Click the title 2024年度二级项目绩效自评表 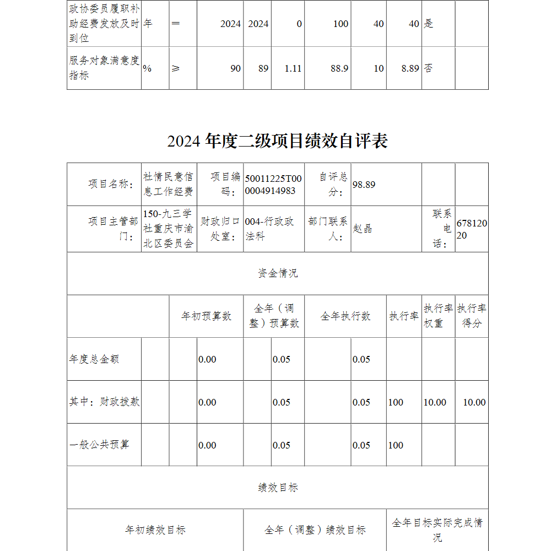(278, 141)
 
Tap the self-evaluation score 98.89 (364, 185)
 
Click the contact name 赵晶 (362, 229)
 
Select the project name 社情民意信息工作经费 (169, 184)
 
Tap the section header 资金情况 (278, 273)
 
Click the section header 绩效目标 (278, 488)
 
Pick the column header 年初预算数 (206, 316)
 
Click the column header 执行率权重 (438, 316)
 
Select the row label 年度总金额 (94, 359)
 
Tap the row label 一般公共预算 (99, 445)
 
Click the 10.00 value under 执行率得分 (474, 402)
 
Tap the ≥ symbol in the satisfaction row (176, 68)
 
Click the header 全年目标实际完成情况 (437, 530)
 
